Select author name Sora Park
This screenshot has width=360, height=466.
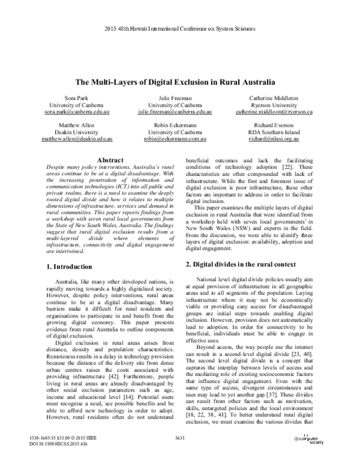click(x=76, y=98)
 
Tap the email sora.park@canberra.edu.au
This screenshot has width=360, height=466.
click(x=76, y=112)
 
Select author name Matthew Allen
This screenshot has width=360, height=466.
click(x=76, y=126)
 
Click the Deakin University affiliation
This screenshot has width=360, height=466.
click(x=76, y=133)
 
